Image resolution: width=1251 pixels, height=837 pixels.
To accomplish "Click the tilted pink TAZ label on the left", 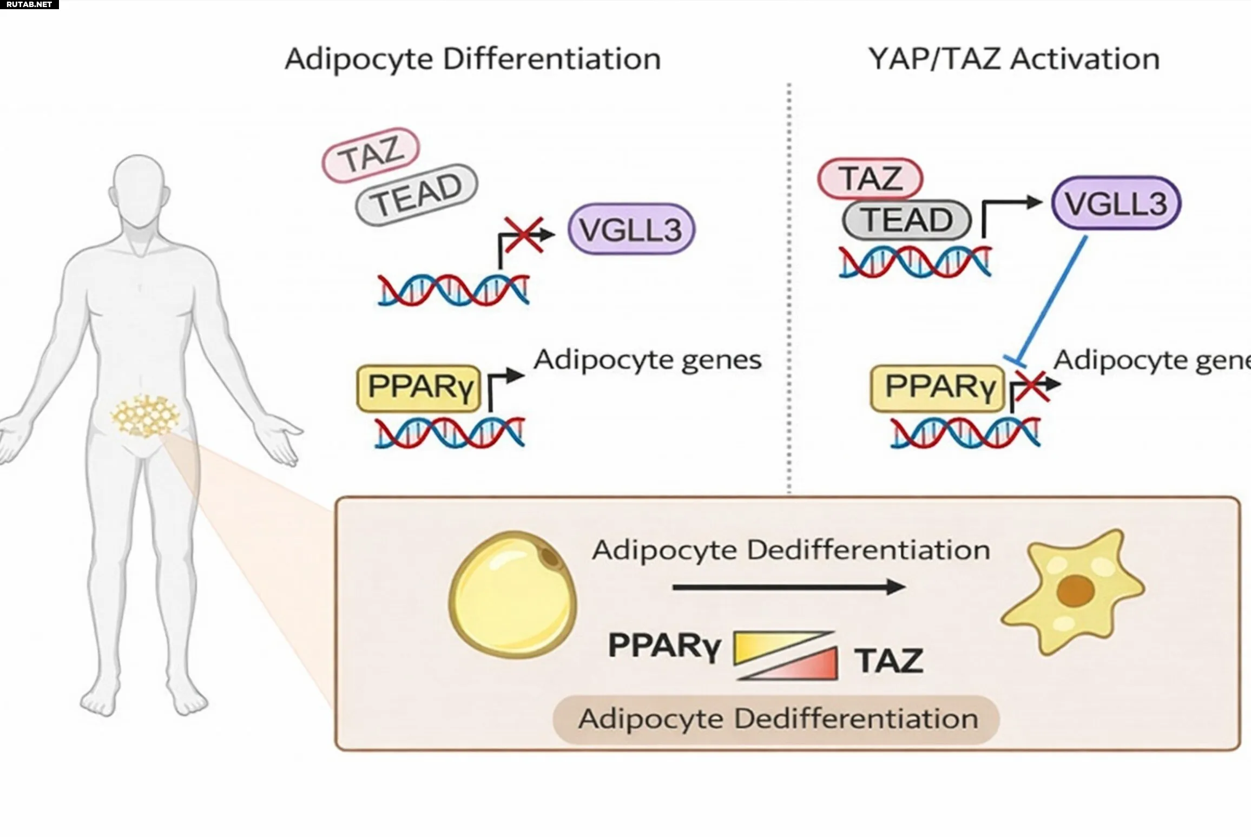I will pos(371,155).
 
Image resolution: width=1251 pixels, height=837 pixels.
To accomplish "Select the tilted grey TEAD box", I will pos(417,194).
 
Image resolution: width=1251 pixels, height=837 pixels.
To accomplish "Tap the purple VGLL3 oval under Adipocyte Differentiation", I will pos(631,229).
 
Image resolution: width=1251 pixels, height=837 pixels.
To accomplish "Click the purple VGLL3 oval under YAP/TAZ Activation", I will pos(1116,203).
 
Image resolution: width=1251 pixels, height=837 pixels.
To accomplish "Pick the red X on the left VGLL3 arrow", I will pos(523,235).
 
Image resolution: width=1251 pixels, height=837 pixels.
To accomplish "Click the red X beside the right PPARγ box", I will pos(1031,386).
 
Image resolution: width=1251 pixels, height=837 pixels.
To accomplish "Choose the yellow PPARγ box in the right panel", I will pos(937,388).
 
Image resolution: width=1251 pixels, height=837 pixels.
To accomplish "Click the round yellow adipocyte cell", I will pos(512,595).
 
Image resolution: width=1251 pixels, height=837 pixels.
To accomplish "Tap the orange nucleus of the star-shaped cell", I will pos(1076,590).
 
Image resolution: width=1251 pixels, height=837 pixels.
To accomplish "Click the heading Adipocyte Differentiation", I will pos(472,59).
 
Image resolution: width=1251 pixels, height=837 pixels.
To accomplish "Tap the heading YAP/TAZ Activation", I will pos(1013,59).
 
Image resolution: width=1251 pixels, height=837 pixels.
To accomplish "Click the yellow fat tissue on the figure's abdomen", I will pos(144,415).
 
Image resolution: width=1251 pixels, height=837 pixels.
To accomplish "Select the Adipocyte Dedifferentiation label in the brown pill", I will pos(778,719).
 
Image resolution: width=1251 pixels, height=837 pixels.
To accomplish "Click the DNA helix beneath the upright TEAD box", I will pos(914,261).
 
